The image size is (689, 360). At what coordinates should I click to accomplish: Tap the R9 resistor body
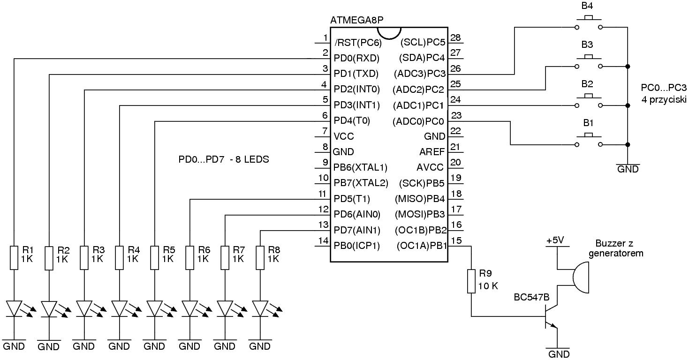471,281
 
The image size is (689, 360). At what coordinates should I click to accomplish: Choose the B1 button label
588,123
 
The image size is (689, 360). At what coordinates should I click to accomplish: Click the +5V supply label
554,240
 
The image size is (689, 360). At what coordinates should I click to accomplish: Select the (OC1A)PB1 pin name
421,246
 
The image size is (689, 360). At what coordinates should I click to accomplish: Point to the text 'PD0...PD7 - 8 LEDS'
224,160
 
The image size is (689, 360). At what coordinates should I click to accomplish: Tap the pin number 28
455,37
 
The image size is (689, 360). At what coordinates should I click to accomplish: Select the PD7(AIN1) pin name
356,230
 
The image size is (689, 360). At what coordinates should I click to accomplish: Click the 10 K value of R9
488,286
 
